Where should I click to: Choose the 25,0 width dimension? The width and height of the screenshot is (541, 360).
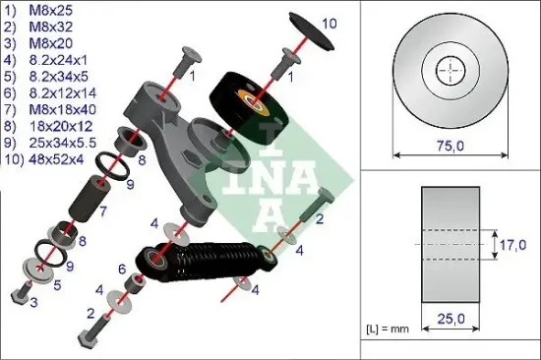pyautogui.click(x=448, y=318)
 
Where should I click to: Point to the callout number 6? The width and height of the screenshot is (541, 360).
pyautogui.click(x=121, y=269)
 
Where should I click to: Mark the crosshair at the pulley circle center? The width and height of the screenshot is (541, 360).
pyautogui.click(x=448, y=72)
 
